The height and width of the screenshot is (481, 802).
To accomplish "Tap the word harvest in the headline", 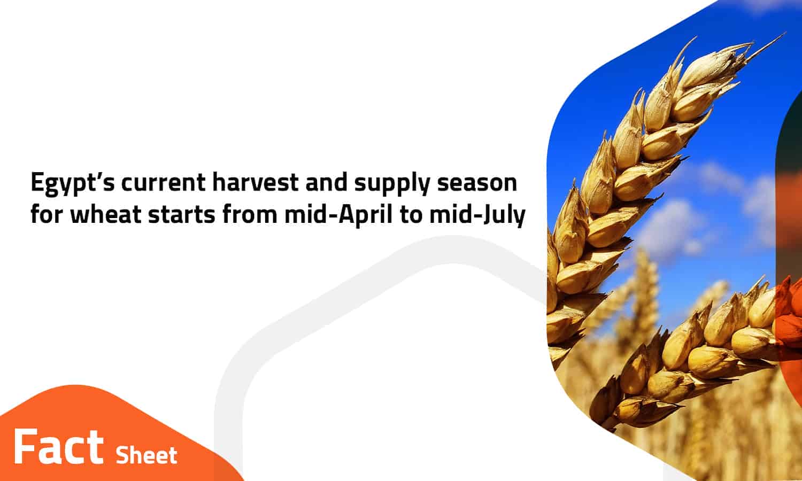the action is point(255,182).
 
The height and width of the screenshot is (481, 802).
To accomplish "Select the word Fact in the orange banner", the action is point(58,447).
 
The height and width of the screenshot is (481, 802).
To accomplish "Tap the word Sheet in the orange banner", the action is point(146,455).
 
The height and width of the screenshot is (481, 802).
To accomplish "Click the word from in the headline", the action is point(250,214).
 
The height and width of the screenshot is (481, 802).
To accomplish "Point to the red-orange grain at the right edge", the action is point(790,322).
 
